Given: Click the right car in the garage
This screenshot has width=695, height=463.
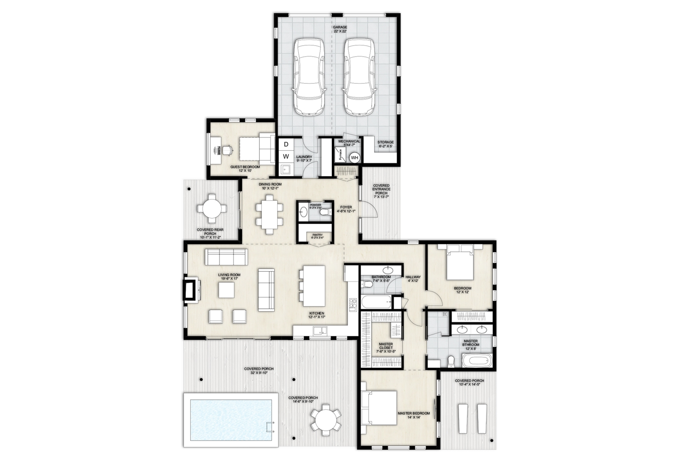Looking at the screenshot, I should (359, 77).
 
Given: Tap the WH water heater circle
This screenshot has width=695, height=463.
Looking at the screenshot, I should (354, 158).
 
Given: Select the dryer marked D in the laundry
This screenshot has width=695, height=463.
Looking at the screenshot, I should (286, 144).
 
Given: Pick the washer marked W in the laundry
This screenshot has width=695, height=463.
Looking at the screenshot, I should (286, 156).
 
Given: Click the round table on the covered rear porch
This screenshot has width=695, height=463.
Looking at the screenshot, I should (211, 209).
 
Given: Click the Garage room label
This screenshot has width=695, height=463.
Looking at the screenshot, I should (340, 29).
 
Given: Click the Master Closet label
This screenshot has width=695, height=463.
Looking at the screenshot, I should (386, 347).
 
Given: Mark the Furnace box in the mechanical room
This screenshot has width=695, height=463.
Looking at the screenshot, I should (340, 155).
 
